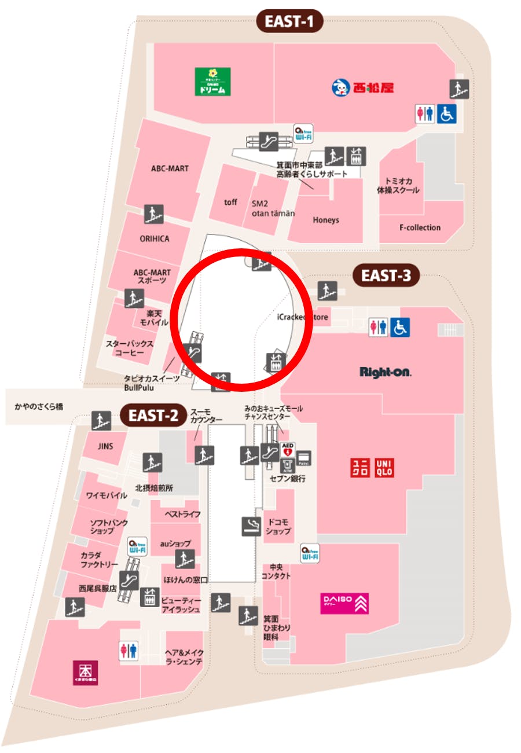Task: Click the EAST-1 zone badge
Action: (x=289, y=22)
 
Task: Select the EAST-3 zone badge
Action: (x=386, y=276)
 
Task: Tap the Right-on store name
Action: (x=386, y=372)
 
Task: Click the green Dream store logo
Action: (x=212, y=82)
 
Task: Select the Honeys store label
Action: (x=326, y=220)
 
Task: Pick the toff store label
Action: (x=231, y=202)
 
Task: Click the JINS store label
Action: (x=105, y=446)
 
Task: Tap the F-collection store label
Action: (x=420, y=227)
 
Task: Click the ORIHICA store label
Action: (x=155, y=238)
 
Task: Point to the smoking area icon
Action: (x=251, y=526)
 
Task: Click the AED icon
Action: (x=288, y=449)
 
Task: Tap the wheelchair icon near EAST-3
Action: (x=400, y=328)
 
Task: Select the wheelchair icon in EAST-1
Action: (x=446, y=114)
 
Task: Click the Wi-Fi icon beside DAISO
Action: (x=310, y=553)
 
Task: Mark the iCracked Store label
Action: (x=303, y=317)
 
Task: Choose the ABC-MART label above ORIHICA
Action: (x=170, y=168)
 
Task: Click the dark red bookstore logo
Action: (x=86, y=673)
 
